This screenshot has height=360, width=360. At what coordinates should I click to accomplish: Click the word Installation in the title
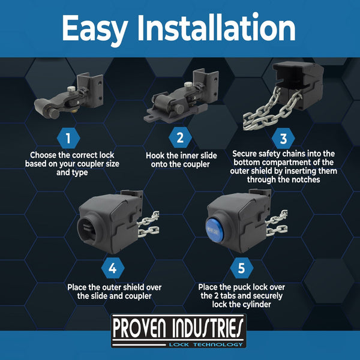coord(216,28)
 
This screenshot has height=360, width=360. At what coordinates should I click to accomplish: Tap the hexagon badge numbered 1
coord(68,138)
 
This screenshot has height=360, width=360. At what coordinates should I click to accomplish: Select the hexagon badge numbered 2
coord(180,137)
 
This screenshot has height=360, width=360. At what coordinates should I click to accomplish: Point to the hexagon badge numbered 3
coord(283,139)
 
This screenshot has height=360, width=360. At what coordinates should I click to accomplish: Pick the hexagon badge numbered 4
coord(113,268)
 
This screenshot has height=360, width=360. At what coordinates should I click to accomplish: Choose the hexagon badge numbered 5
coord(242,268)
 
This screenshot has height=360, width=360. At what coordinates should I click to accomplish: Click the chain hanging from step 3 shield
coord(271,110)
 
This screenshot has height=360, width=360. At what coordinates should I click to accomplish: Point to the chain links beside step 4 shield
coord(148,224)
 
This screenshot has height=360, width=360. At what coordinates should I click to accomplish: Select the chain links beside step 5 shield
coord(277,223)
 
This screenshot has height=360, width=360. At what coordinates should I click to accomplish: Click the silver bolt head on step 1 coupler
coord(71,89)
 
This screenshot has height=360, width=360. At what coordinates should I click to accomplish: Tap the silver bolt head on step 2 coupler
coord(188,84)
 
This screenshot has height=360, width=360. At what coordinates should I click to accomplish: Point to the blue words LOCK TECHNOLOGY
coord(206,344)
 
